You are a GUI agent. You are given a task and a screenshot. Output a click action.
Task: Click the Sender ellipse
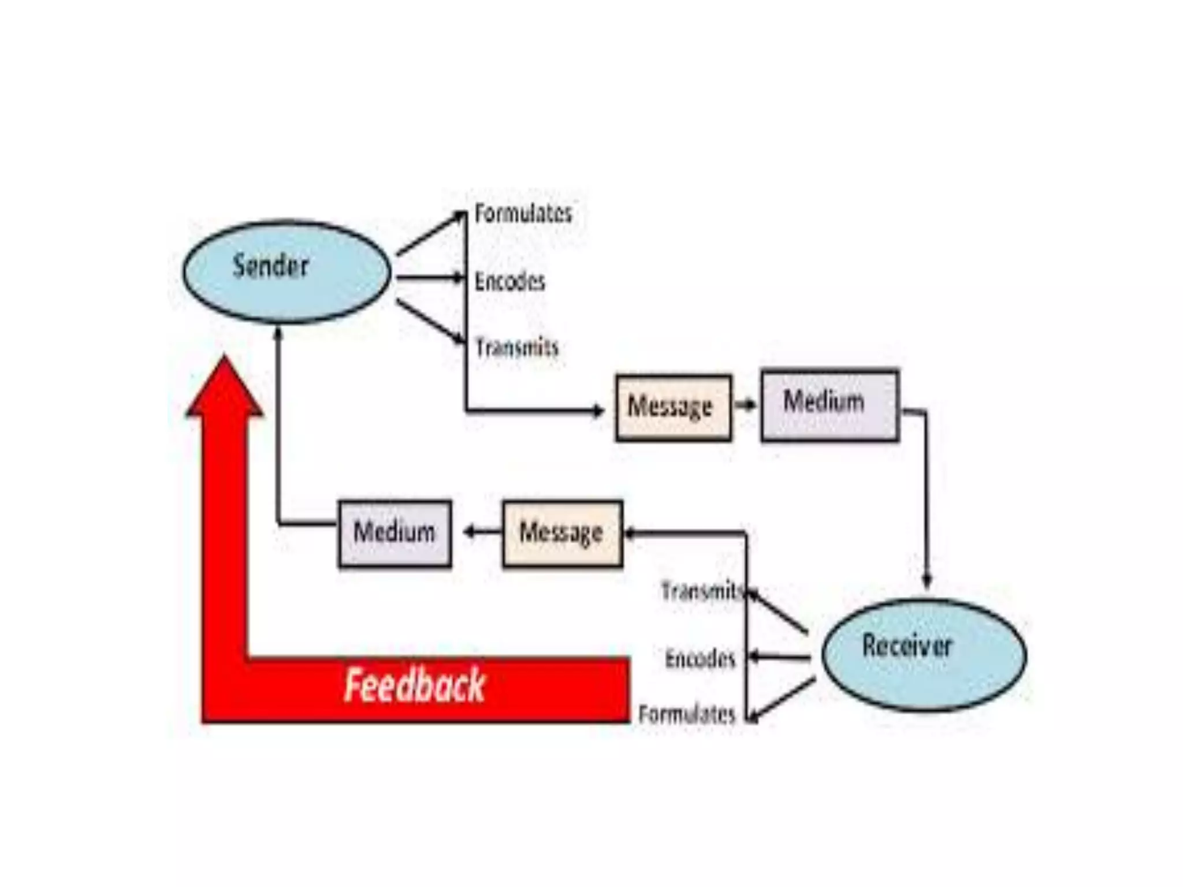(287, 271)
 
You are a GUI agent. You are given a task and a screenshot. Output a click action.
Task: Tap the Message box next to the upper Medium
(674, 408)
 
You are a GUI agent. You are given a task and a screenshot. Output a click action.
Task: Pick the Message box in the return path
(563, 534)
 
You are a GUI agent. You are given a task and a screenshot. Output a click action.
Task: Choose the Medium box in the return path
(395, 534)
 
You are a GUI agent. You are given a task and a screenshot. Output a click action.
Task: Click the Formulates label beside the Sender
(523, 214)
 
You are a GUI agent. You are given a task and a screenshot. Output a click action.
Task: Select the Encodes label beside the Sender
(509, 282)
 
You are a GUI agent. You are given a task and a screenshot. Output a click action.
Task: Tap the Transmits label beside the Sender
(517, 348)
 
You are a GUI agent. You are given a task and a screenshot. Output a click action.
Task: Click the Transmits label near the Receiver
(701, 591)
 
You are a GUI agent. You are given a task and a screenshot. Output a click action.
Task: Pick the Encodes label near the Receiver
(700, 658)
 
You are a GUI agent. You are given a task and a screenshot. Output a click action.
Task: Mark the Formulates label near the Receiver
(687, 715)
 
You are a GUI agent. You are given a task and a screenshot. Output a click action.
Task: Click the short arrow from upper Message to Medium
(746, 405)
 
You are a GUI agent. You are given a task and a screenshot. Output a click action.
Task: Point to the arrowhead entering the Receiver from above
(927, 580)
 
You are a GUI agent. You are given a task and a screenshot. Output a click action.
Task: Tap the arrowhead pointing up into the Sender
(278, 334)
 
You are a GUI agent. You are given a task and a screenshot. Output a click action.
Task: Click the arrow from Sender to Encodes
(430, 278)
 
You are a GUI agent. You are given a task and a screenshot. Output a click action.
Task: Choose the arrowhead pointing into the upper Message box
(598, 411)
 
